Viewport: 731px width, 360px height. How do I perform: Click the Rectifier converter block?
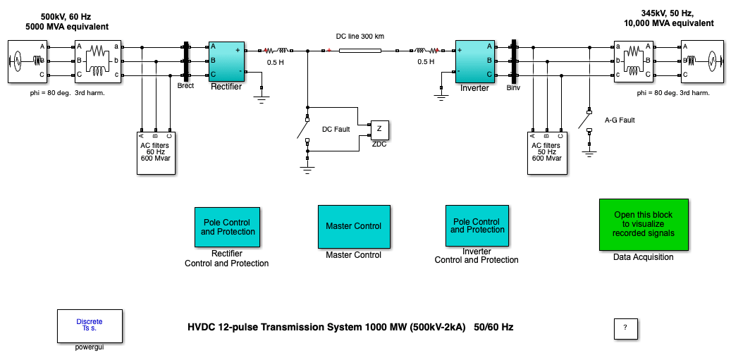[x=226, y=61]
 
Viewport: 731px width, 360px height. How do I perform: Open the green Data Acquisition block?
[x=643, y=224]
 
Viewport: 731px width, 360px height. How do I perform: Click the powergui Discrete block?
[x=89, y=325]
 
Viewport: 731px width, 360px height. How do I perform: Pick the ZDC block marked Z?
[x=379, y=130]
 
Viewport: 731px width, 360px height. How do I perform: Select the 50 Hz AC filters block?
[x=547, y=152]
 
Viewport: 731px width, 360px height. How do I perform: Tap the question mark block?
[x=625, y=328]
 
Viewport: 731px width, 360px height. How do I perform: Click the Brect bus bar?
[x=187, y=61]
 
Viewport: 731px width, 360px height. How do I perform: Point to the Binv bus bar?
[x=515, y=61]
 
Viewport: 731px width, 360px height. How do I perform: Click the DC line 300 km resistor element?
[x=360, y=51]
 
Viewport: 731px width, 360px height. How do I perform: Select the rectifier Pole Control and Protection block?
[x=227, y=227]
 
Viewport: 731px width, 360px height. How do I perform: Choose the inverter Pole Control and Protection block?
[x=477, y=225]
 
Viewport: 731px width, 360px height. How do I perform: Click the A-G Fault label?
[x=620, y=120]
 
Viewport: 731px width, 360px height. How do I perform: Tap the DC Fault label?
[x=336, y=130]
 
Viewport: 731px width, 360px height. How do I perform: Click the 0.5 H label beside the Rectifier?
[x=276, y=62]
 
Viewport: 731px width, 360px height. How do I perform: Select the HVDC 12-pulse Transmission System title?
[x=355, y=327]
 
